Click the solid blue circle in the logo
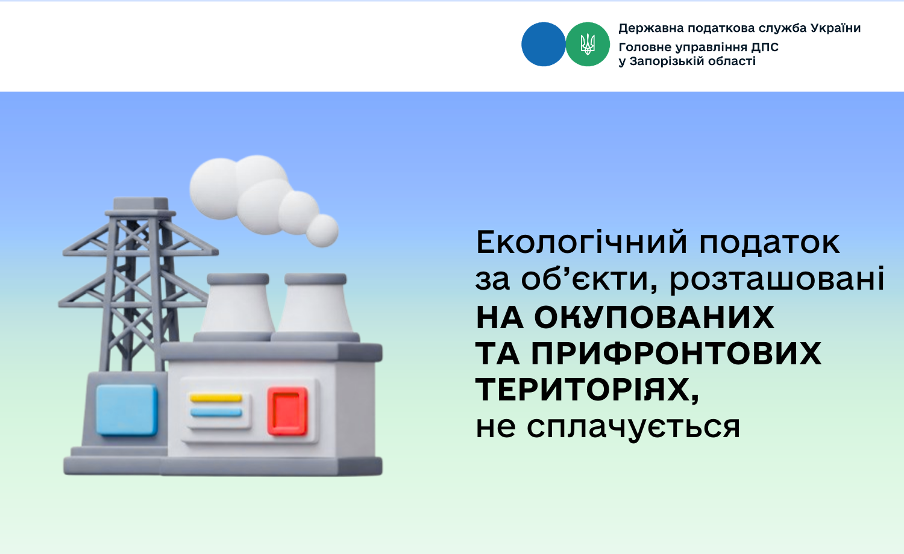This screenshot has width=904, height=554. click(x=543, y=45)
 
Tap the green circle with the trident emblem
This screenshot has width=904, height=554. click(x=588, y=45)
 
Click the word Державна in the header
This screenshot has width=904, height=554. click(x=650, y=28)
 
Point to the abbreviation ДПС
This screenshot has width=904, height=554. click(x=765, y=48)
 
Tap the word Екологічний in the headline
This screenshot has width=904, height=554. click(x=582, y=242)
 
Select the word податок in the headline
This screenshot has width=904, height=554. click(x=769, y=243)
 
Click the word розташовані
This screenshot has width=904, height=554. click(x=777, y=279)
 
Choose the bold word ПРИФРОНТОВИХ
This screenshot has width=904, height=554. click(x=676, y=353)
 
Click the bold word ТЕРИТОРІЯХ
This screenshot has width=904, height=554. click(x=587, y=390)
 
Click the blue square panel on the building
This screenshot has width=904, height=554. click(x=127, y=410)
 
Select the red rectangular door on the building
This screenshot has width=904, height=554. click(x=287, y=411)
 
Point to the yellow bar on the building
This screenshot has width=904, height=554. click(x=216, y=399)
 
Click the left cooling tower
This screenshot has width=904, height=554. click(x=237, y=307)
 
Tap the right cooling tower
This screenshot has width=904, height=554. click(x=315, y=307)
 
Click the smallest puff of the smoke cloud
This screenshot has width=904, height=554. click(x=322, y=231)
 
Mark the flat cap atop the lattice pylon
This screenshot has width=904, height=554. click(x=141, y=204)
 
